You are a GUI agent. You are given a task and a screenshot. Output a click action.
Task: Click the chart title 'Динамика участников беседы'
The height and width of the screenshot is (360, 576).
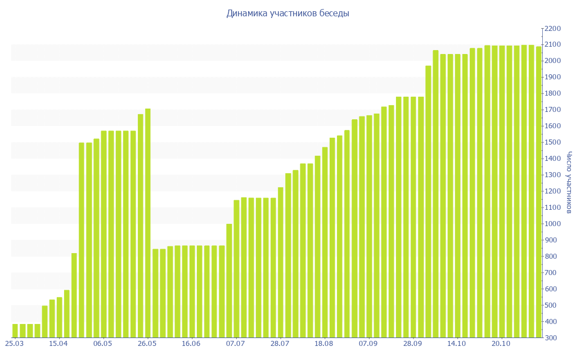(x=287, y=13)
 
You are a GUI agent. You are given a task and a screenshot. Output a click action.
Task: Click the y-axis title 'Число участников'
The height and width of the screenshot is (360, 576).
(x=569, y=182)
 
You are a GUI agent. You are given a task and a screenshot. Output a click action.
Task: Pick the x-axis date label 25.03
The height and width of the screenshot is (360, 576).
(x=14, y=344)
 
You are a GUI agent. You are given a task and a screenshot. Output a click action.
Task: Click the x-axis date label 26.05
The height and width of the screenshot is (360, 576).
(x=147, y=344)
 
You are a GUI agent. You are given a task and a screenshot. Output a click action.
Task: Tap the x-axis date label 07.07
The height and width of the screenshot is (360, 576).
(x=236, y=344)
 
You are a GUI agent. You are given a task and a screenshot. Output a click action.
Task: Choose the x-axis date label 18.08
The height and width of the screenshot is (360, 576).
(x=325, y=344)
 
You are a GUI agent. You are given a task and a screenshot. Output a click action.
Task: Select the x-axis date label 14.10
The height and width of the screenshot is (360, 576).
(x=457, y=344)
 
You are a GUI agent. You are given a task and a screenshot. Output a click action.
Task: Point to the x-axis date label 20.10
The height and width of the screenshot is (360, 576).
(x=501, y=344)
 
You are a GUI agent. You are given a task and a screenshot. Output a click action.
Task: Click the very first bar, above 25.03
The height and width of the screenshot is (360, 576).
(x=15, y=331)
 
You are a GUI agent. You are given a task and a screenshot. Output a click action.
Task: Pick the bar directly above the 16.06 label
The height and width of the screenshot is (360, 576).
(x=192, y=291)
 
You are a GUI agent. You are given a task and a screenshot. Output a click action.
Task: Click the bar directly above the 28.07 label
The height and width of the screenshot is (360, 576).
(x=281, y=262)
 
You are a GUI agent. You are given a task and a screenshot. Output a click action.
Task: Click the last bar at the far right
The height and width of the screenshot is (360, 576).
(x=538, y=192)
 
